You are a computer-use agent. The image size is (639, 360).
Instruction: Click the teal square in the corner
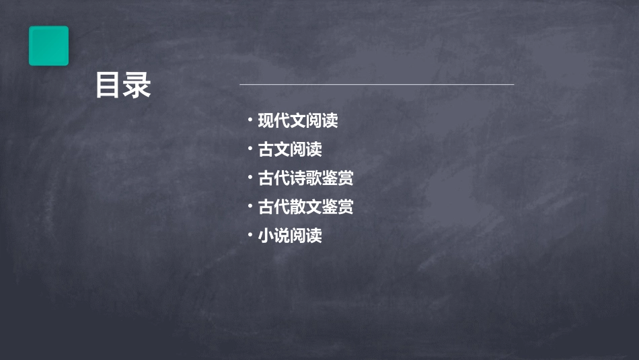(48, 46)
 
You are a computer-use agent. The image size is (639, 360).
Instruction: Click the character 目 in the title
(109, 87)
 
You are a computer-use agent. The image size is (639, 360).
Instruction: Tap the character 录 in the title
(138, 87)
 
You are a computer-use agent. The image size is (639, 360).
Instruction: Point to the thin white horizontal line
(377, 85)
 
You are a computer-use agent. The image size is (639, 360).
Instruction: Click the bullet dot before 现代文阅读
(250, 120)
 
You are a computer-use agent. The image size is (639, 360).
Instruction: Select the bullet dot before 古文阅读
(250, 149)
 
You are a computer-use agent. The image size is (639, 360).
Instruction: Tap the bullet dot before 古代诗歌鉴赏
(250, 178)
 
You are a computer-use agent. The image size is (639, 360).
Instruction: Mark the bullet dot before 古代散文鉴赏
(250, 207)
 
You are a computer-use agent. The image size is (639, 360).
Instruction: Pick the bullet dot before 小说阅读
(250, 235)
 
